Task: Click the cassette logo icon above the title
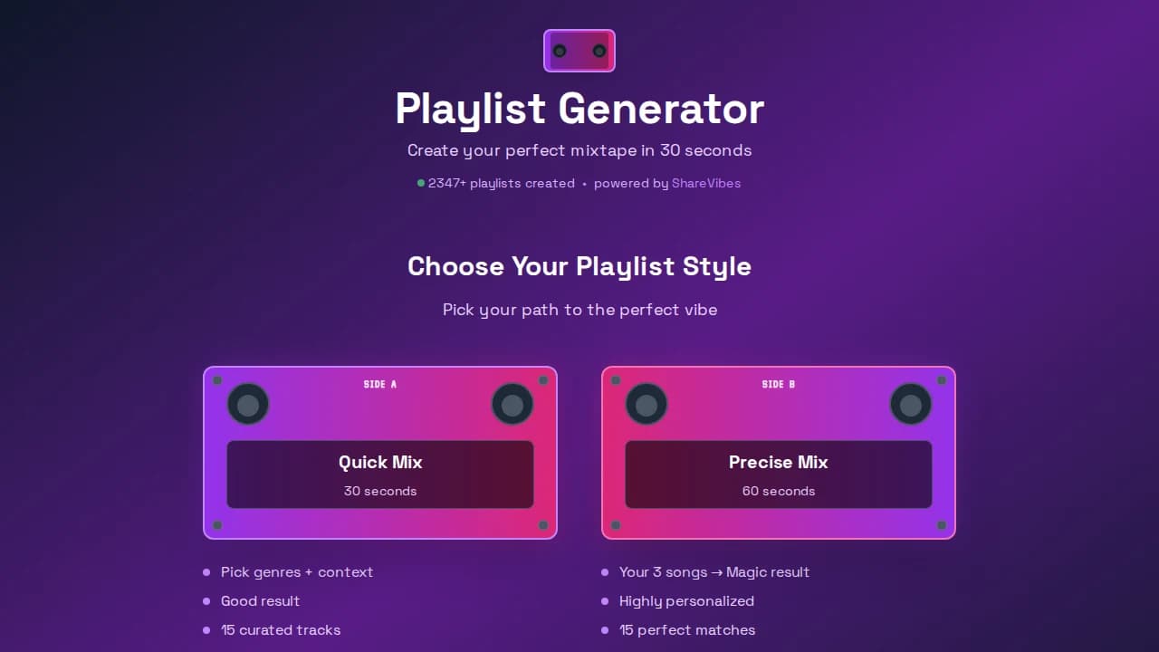(579, 51)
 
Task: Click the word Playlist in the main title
(470, 109)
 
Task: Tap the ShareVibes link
(706, 183)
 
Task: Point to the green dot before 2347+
(421, 183)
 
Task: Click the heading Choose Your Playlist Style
(579, 266)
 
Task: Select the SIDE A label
(380, 384)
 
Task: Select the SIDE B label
(779, 384)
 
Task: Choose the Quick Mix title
(380, 462)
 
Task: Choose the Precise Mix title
(779, 462)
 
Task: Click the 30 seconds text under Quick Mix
(380, 491)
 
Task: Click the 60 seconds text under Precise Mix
(779, 491)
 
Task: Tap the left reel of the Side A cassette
(248, 405)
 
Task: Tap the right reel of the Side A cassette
(512, 405)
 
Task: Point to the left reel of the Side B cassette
(647, 405)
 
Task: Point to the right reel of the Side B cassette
(911, 405)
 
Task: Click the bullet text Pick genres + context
(297, 572)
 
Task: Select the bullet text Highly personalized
(686, 601)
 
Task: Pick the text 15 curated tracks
(281, 630)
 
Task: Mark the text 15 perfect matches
(687, 630)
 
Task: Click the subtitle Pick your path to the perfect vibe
(579, 310)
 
